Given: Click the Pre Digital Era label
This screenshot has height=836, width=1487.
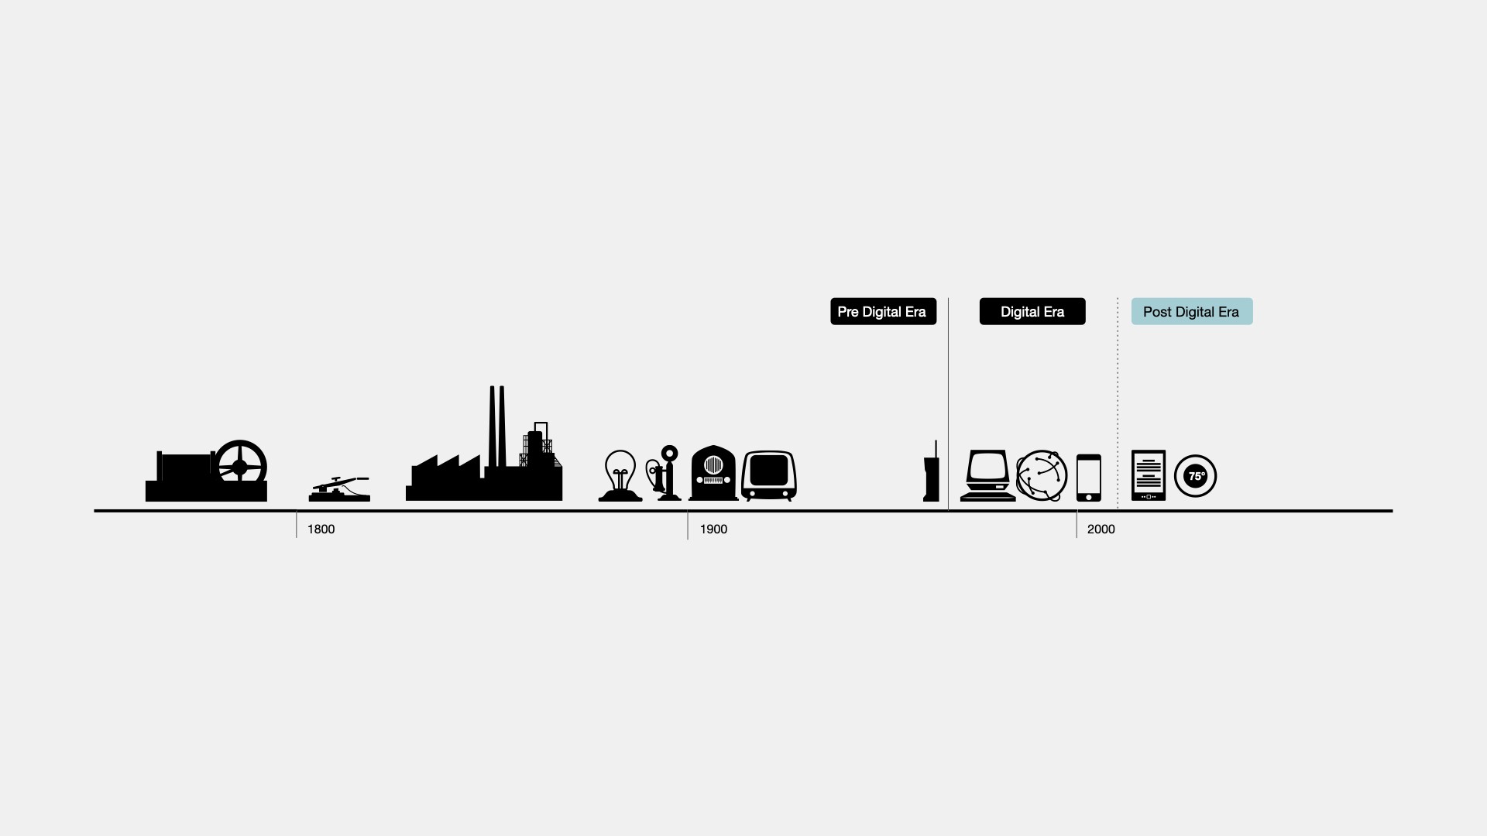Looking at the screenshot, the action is point(883,311).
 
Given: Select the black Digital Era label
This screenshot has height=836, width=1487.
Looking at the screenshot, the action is point(1032,311).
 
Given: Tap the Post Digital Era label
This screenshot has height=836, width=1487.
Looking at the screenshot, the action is point(1191,311).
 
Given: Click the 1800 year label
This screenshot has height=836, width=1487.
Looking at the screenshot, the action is point(321,529).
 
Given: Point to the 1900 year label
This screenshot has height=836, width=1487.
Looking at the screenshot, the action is point(713,529).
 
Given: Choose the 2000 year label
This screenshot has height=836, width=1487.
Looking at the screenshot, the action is point(1101,529).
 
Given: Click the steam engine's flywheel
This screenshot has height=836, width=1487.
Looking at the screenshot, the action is point(241,466).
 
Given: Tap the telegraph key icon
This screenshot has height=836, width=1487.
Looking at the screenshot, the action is point(339,490).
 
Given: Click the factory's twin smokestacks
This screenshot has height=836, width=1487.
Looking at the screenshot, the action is point(497,426).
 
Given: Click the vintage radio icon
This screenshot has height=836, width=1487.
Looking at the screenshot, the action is point(713,474).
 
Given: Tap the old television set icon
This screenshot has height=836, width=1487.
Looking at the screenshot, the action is point(769,475).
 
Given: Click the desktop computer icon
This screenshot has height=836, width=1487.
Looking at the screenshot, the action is point(988,475).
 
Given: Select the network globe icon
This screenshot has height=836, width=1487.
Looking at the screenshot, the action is point(1042,475).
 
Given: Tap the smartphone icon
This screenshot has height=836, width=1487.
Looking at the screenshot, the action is point(1088,477).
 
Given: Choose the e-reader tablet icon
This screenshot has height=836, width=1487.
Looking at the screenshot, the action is point(1148,475).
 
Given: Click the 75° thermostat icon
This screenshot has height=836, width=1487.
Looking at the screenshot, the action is point(1195,476).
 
